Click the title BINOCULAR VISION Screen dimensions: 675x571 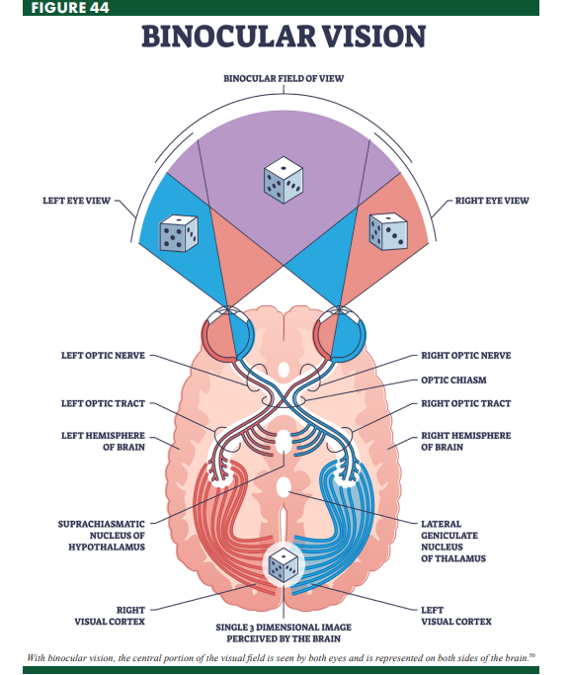(x=284, y=37)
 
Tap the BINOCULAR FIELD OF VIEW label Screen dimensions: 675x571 (x=284, y=77)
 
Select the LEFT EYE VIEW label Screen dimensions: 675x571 (x=76, y=201)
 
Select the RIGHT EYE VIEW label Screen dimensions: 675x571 (x=492, y=201)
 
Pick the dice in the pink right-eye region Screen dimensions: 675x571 (x=387, y=231)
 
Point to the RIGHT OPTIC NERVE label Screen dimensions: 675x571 (x=465, y=355)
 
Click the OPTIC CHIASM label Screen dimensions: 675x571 (x=453, y=380)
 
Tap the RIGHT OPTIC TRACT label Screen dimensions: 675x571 (x=465, y=403)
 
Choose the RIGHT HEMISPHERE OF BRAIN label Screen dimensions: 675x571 (x=465, y=441)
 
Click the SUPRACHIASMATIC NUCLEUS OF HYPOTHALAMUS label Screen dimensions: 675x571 (x=102, y=535)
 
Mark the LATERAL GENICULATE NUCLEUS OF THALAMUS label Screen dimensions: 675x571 (x=453, y=541)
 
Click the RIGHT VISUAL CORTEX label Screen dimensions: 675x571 (x=110, y=616)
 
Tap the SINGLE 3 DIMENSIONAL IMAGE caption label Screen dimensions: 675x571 (x=284, y=633)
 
